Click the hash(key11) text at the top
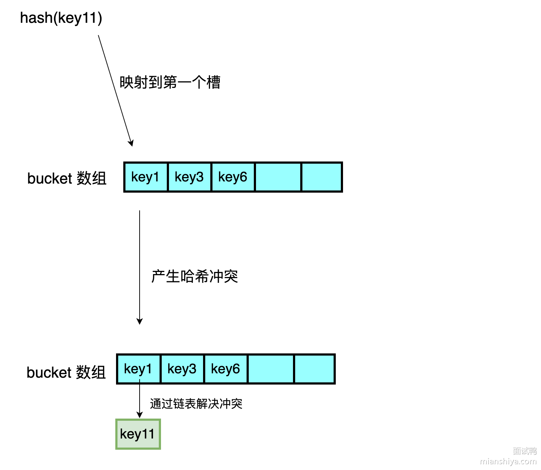(61, 18)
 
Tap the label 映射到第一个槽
(170, 82)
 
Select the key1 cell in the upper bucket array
(145, 177)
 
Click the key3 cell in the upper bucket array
(189, 177)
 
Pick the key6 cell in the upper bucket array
(233, 177)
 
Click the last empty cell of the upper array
(322, 177)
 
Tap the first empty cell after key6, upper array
(278, 177)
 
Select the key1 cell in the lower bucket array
(138, 369)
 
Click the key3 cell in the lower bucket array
(182, 369)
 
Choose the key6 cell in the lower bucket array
(226, 369)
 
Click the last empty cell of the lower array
(314, 369)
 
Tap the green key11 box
(138, 434)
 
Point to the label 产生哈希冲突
(194, 276)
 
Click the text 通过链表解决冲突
(196, 403)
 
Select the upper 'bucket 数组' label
(67, 178)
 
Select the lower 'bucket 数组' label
(66, 372)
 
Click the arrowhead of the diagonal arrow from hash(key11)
(131, 143)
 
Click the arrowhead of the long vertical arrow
(140, 321)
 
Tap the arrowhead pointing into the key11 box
(140, 415)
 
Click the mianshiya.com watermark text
(508, 461)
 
